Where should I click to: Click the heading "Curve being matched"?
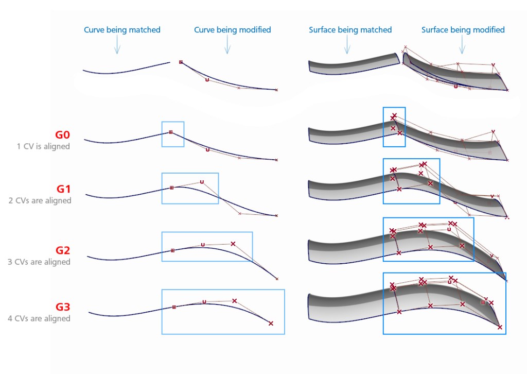[x=122, y=30]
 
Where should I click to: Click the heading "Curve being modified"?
[x=232, y=30]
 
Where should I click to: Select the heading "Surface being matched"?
[x=350, y=30]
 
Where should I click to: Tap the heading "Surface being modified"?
[x=463, y=30]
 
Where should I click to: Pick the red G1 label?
[x=63, y=189]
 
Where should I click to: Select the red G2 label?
[x=63, y=251]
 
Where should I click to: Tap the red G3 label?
[x=63, y=308]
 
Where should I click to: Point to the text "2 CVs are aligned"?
[x=43, y=200]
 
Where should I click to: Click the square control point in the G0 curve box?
[x=171, y=132]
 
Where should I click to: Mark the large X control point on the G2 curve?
[x=233, y=244]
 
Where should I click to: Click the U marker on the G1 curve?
[x=202, y=182]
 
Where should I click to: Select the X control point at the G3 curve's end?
[x=271, y=324]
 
